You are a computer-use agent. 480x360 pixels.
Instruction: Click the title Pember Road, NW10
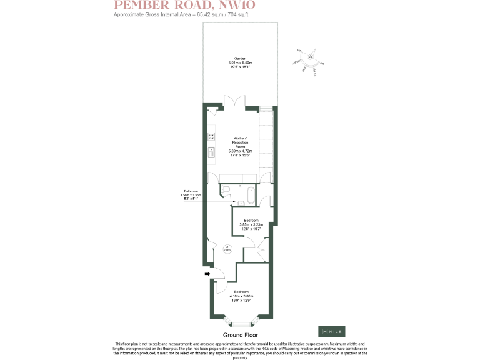184,6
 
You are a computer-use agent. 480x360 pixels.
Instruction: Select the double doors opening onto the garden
236,102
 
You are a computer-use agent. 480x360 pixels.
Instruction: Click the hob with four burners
211,137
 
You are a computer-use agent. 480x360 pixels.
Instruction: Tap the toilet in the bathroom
227,189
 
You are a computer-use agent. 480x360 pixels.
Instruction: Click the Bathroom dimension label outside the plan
190,195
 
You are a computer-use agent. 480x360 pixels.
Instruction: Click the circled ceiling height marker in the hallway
228,248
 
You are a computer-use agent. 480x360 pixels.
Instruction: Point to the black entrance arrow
206,273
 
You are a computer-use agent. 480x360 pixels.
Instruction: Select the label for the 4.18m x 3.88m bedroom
241,297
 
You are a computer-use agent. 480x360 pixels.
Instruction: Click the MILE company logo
331,331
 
